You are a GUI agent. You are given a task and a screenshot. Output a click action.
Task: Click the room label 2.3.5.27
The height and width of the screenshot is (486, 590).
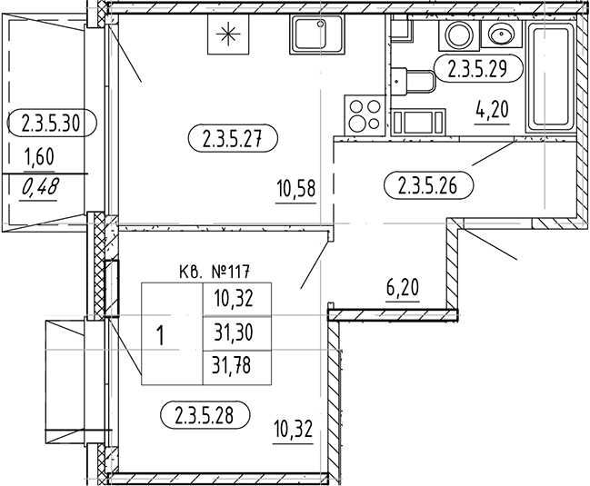pyautogui.click(x=233, y=140)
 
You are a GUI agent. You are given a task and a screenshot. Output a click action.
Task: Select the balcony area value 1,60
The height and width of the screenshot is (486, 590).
pyautogui.click(x=38, y=157)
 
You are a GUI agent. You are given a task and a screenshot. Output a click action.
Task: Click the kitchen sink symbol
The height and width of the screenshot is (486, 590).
pyautogui.click(x=315, y=35)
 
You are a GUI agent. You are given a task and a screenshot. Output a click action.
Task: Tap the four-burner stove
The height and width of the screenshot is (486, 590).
pyautogui.click(x=365, y=116)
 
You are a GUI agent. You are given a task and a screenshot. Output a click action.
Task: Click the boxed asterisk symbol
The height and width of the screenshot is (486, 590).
pyautogui.click(x=227, y=36)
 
